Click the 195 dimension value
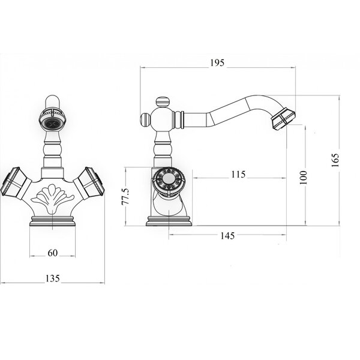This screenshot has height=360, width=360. pos(217,62)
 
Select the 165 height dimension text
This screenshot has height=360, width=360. pos(335,160)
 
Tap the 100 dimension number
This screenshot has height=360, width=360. pos(303,177)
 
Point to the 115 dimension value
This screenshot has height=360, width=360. pos(238,175)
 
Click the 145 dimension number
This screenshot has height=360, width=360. pos(227,236)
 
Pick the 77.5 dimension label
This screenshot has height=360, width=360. pos(125,197)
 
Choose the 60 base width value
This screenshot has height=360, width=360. pos(53,253)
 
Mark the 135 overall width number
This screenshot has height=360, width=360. pos(53,278)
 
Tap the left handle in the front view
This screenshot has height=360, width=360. pos(14,182)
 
